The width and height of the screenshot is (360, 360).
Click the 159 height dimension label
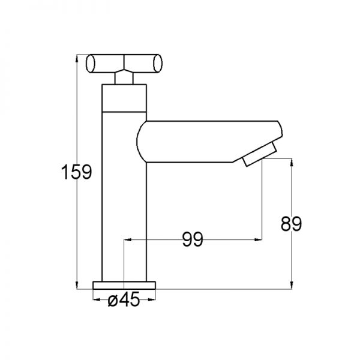coord(77,172)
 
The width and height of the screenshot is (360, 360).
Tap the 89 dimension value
coord(291,224)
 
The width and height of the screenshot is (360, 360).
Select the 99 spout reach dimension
coord(193,239)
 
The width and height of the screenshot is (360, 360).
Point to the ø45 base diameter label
coord(124,299)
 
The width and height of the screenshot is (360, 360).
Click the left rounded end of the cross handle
coord(90,64)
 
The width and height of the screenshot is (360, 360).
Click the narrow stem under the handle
coord(124,79)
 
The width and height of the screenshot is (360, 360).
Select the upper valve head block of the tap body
coord(124,98)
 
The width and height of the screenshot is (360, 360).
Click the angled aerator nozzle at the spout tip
coord(260,154)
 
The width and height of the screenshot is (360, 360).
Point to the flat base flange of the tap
coord(124,285)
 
